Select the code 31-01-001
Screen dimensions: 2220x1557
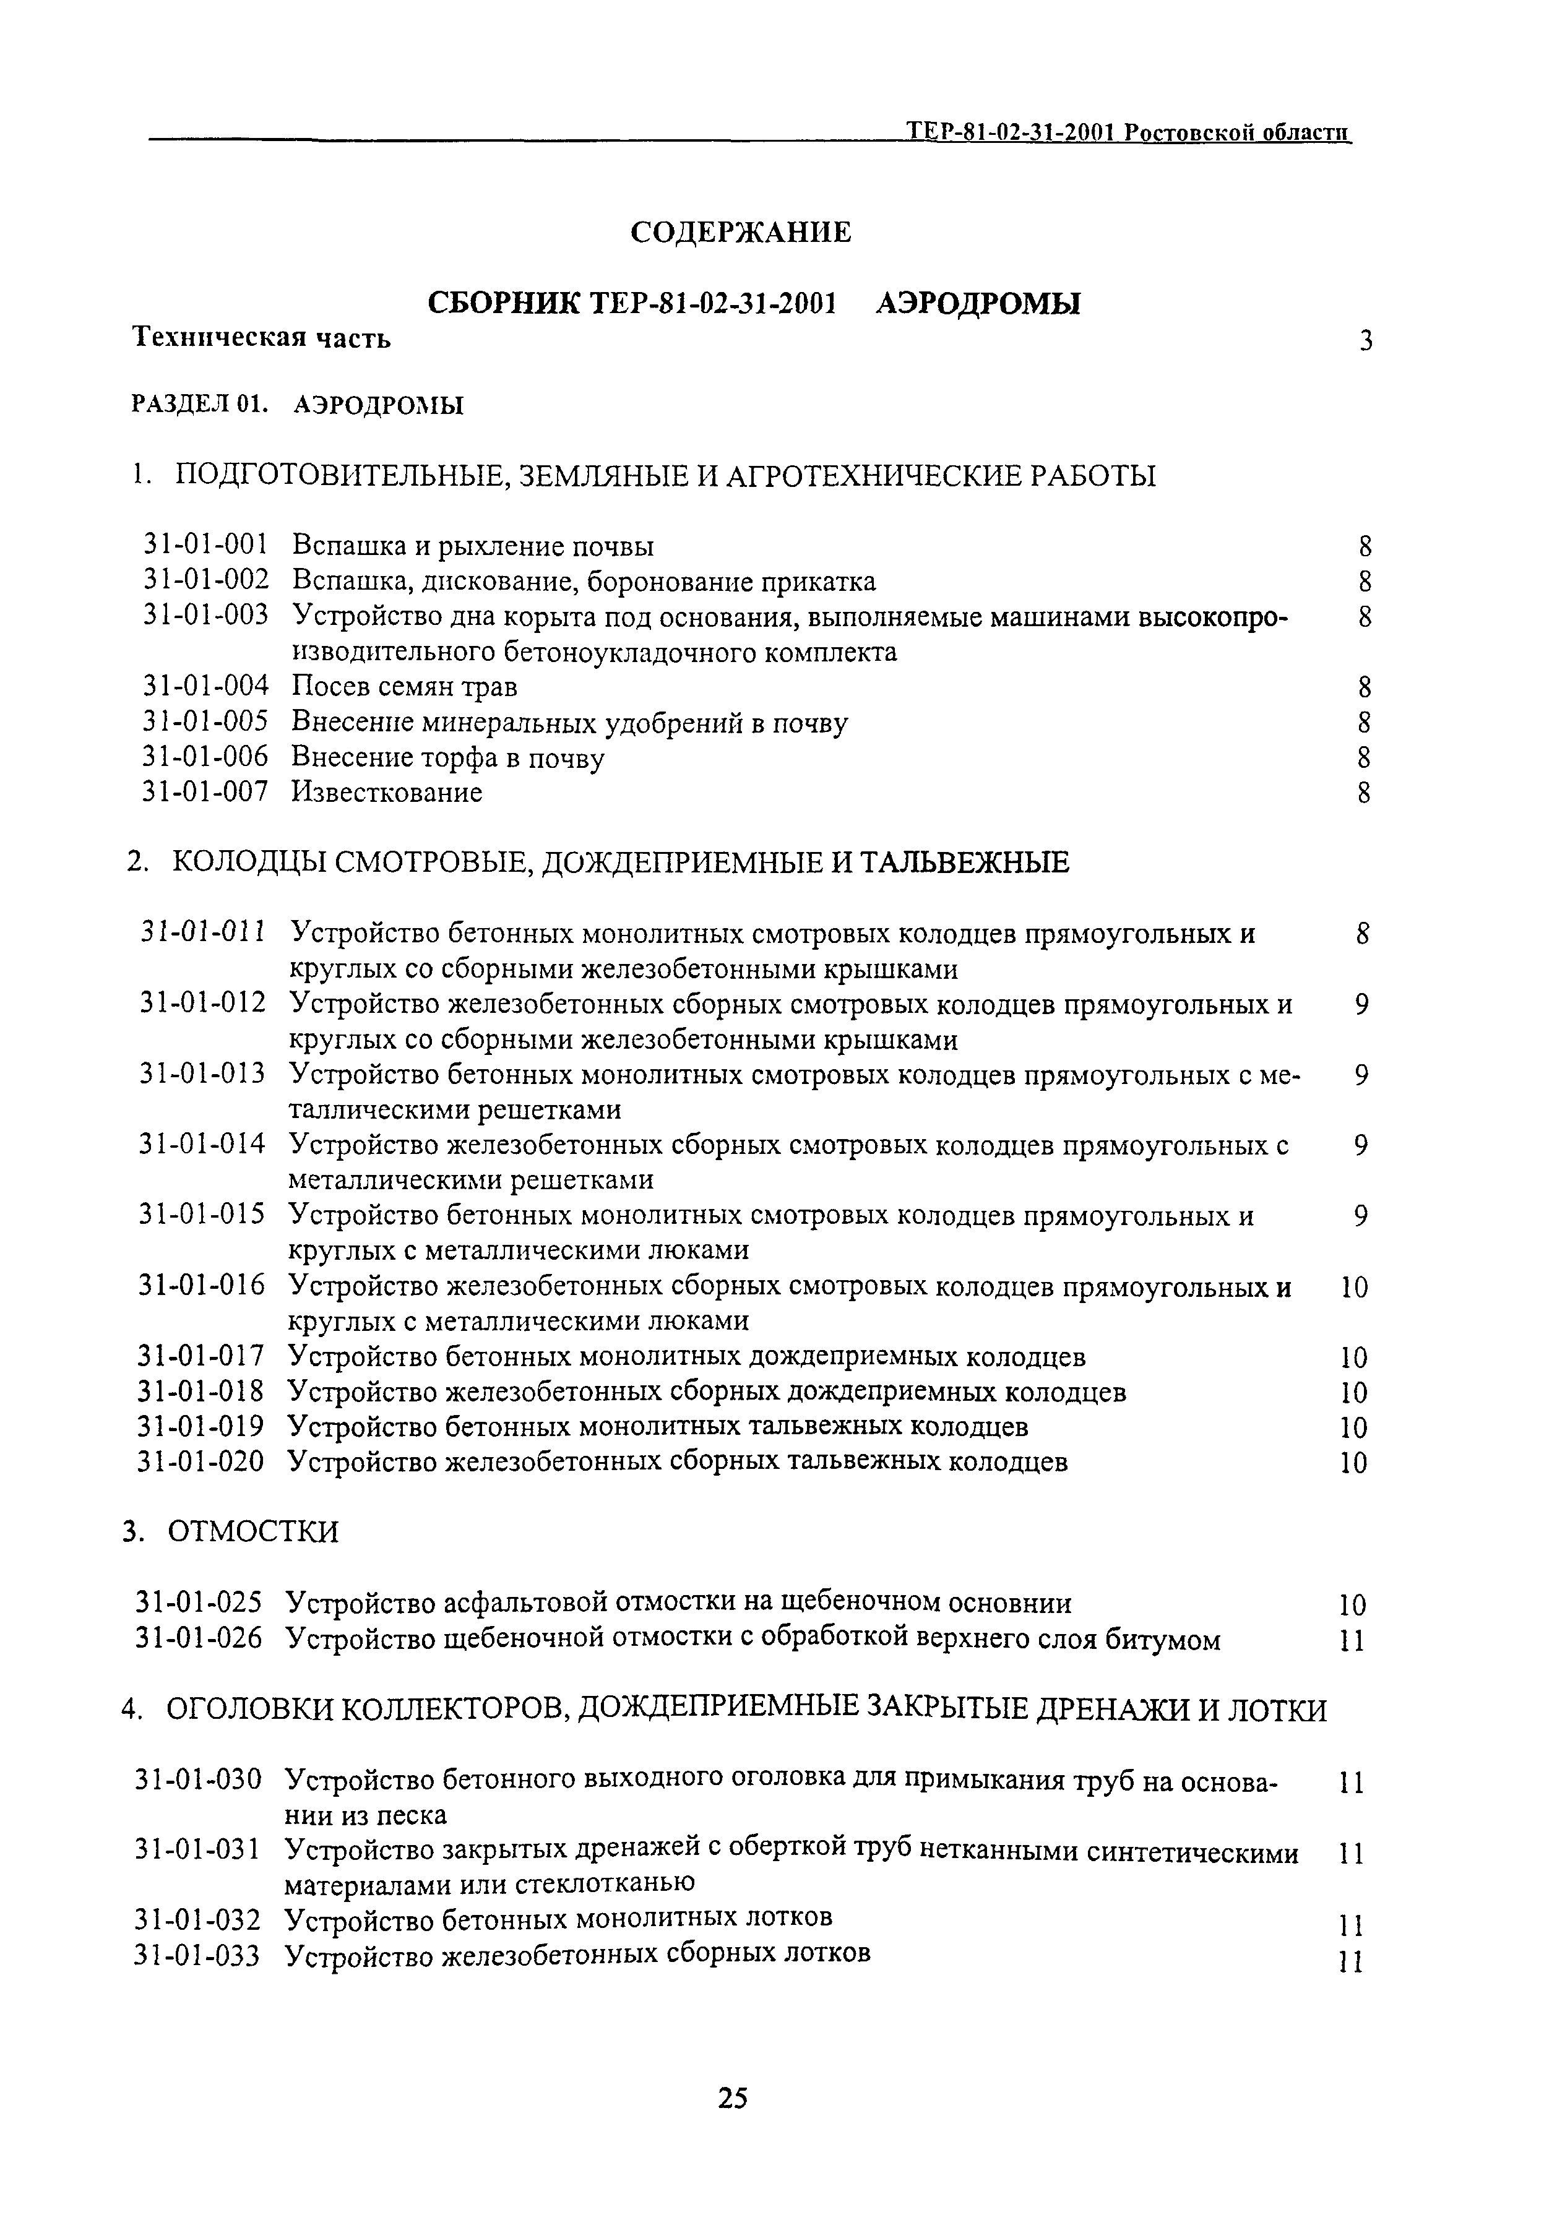click(x=205, y=546)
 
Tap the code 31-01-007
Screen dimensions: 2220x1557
click(x=204, y=792)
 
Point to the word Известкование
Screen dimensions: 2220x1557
click(x=386, y=793)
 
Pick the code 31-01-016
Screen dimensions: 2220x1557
click(x=202, y=1285)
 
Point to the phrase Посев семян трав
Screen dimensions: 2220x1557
click(x=404, y=687)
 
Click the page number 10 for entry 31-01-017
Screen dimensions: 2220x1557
click(x=1354, y=1357)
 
